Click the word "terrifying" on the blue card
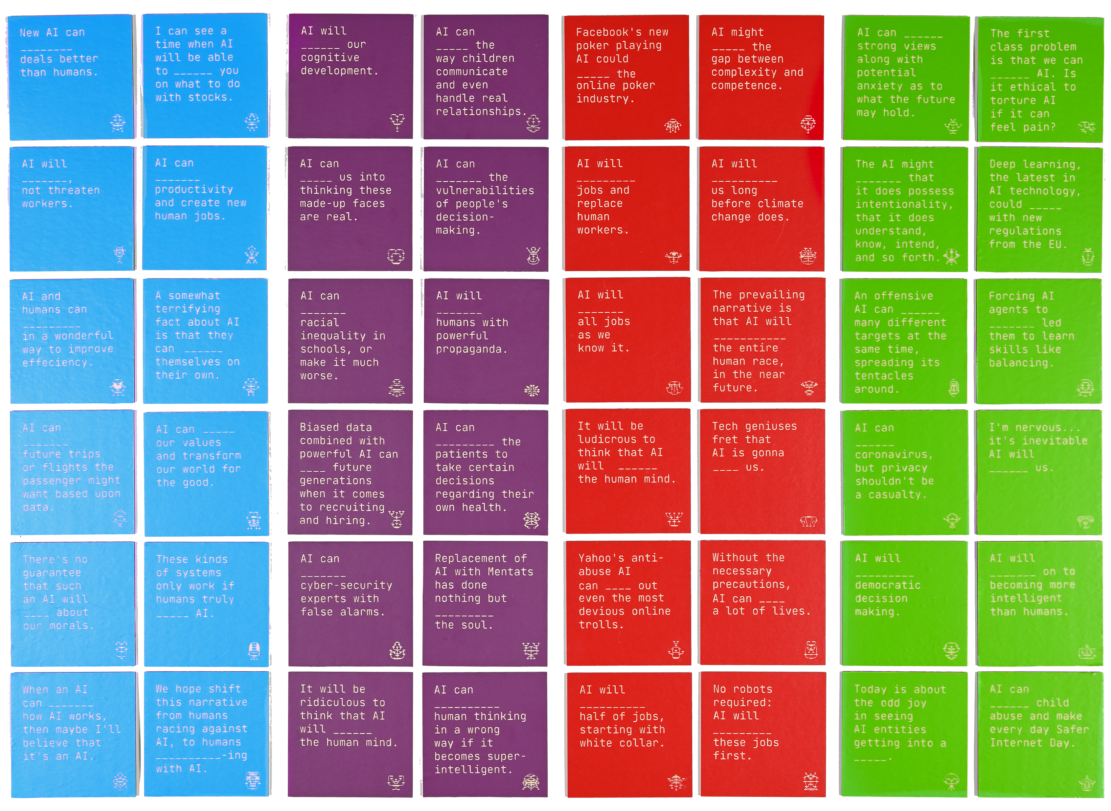[x=188, y=309]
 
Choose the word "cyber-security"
[x=346, y=586]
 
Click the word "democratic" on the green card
[x=888, y=585]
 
